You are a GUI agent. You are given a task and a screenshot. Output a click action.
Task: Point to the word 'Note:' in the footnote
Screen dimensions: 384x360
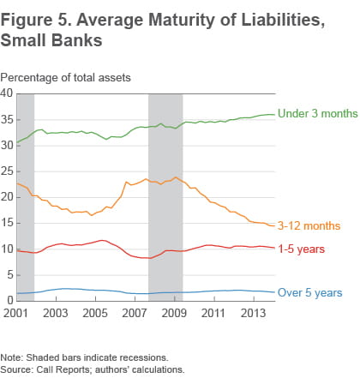pos(13,357)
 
